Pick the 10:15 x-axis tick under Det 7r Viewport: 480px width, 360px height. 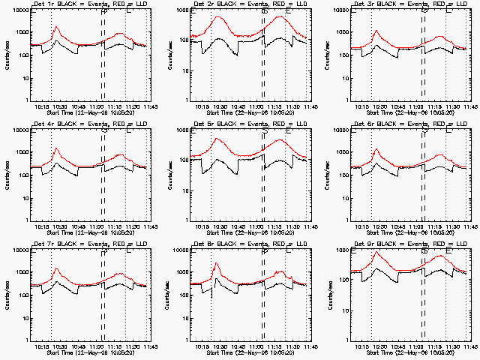[40, 346]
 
